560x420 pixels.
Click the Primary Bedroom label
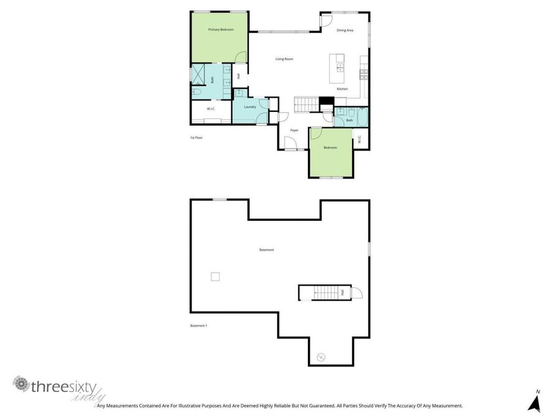[221, 29]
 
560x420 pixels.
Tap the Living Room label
[284, 59]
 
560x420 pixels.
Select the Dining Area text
[345, 30]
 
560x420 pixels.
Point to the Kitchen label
[342, 89]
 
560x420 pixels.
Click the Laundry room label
[250, 107]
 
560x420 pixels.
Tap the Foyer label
[294, 130]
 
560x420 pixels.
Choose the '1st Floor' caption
[197, 138]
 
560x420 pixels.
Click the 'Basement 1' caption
[198, 325]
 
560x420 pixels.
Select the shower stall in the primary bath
[198, 74]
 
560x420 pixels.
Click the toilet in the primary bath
[196, 92]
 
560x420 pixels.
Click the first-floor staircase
[305, 105]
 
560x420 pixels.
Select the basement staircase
[324, 292]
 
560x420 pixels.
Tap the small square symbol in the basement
[215, 276]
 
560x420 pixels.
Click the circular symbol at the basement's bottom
[321, 357]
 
